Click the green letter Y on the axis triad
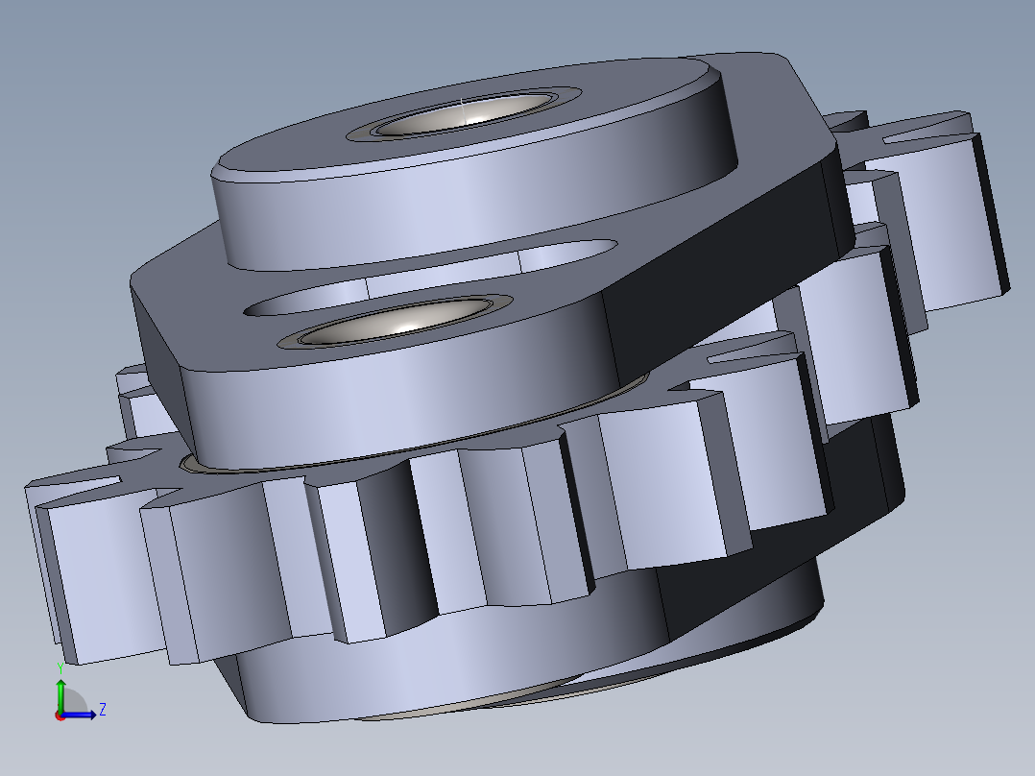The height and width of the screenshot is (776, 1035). [60, 668]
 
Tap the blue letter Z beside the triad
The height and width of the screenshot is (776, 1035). [103, 710]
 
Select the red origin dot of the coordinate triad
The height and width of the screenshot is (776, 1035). [60, 715]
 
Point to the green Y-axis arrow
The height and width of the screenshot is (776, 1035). [60, 695]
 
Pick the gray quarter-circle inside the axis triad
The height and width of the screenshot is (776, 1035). [74, 703]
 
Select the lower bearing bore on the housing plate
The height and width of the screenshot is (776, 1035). [395, 322]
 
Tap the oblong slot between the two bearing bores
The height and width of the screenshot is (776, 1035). [430, 278]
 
